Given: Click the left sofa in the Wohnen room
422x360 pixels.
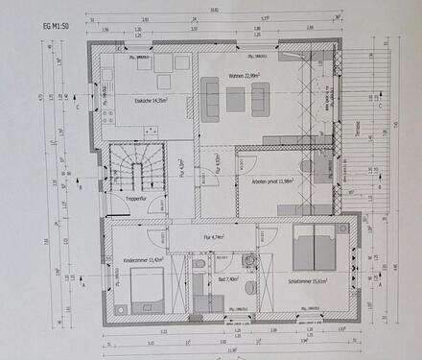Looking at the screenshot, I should click(x=210, y=100).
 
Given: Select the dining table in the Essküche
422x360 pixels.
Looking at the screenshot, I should click(x=151, y=66).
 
